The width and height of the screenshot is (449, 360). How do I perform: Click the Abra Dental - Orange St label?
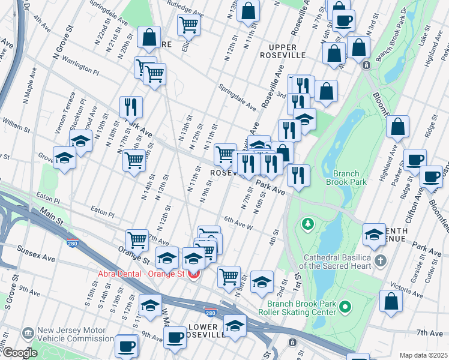tap(142, 275)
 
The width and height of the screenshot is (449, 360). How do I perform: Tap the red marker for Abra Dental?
tap(194, 275)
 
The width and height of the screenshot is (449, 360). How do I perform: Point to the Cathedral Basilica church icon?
tap(379, 260)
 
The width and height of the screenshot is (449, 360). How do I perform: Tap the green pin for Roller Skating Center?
tap(345, 308)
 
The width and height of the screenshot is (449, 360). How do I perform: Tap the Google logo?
tap(19, 353)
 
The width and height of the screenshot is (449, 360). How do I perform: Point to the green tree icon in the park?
tap(309, 224)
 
